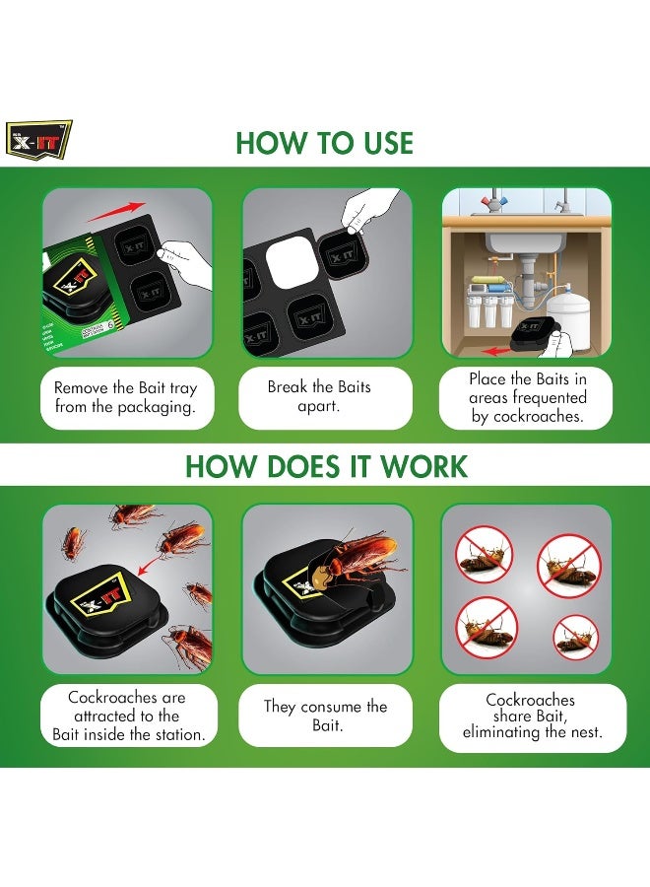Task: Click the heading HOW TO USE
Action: click(x=324, y=143)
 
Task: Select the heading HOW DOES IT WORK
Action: click(x=326, y=465)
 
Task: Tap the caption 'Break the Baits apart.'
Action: click(x=325, y=397)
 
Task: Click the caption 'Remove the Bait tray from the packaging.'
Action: click(x=126, y=397)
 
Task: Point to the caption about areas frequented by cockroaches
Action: click(x=527, y=397)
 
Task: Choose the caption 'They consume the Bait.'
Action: click(x=325, y=716)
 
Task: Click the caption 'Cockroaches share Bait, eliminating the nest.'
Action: click(x=530, y=716)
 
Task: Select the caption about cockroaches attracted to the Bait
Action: click(x=127, y=716)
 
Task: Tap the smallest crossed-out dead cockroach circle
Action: click(x=575, y=637)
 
